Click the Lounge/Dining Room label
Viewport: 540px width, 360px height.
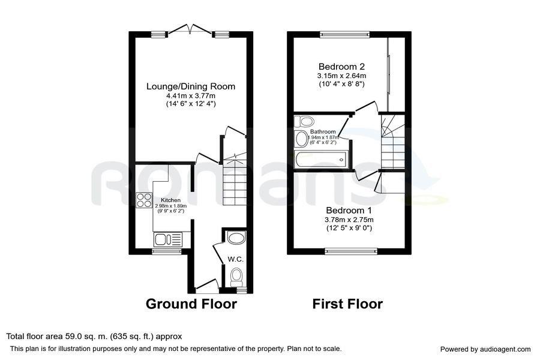[x=191, y=86]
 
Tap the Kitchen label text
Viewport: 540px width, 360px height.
[x=170, y=200]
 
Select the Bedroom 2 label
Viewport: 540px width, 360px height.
[x=341, y=67]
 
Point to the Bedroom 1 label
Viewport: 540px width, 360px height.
[x=349, y=210]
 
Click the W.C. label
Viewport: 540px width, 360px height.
[x=235, y=259]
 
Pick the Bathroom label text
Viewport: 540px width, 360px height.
[x=323, y=131]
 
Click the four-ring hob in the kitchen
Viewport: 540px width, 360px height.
[x=144, y=200]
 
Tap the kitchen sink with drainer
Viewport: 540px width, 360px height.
[x=168, y=239]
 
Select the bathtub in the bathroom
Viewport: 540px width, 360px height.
[x=322, y=160]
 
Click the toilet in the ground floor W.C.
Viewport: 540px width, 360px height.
[x=236, y=277]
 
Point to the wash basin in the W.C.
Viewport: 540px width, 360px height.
[x=236, y=238]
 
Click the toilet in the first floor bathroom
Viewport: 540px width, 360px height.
[x=304, y=121]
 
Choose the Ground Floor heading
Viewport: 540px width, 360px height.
[x=191, y=304]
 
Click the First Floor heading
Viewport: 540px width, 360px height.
[x=347, y=304]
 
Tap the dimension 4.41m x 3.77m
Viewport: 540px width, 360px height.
[x=191, y=96]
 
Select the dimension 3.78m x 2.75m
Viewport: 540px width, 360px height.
[x=349, y=220]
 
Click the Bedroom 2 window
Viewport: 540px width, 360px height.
[x=345, y=34]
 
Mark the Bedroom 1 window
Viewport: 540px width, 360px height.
[x=352, y=251]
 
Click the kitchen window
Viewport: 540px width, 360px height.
[x=167, y=251]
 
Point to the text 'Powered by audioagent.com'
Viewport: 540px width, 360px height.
[x=485, y=349]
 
